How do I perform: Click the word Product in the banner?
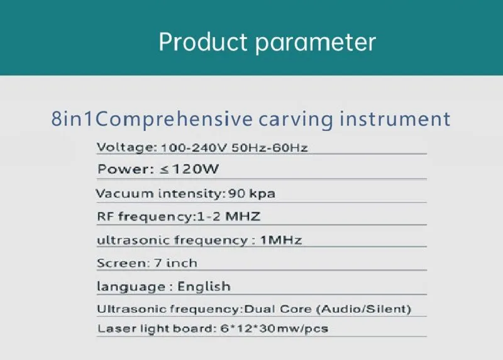point(202,42)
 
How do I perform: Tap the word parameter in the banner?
point(316,43)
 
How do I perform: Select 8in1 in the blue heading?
point(72,118)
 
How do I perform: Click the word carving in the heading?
point(296,120)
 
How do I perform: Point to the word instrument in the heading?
point(395,118)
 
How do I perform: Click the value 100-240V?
point(194,148)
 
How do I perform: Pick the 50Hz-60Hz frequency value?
point(270,148)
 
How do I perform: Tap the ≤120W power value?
point(189,169)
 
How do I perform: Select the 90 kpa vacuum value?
point(251,194)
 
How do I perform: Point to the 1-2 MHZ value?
point(228,217)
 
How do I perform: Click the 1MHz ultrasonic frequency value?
point(280,240)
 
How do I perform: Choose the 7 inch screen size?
point(175,263)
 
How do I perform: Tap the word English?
point(204,286)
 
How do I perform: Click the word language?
point(131,287)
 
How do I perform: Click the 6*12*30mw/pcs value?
point(274,329)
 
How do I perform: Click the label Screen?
point(123,263)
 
